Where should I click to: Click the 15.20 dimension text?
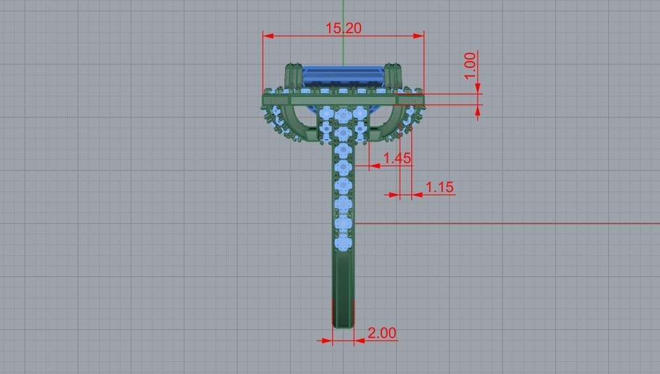point(343,28)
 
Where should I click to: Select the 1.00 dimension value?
point(470,66)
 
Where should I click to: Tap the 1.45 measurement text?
point(397,158)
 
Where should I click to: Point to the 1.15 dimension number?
point(439,187)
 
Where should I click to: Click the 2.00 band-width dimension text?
point(381,333)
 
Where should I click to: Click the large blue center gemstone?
point(343,77)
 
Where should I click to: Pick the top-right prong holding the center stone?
point(392,75)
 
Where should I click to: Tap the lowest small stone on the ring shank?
point(343,243)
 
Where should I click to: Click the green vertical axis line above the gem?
point(343,32)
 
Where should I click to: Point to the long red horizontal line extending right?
point(510,224)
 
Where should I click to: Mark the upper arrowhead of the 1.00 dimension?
point(478,89)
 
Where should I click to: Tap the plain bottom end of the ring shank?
point(343,313)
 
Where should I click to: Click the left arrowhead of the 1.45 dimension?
point(374,166)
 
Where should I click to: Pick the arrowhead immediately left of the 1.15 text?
point(417,195)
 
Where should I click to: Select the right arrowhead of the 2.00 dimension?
point(359,341)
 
